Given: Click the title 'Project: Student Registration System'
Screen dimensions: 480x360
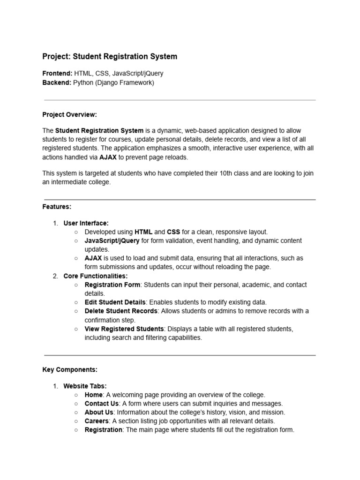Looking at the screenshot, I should pos(110,57).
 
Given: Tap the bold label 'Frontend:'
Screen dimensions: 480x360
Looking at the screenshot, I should pos(57,74).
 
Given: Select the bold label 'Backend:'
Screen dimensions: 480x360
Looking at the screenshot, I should pos(57,82).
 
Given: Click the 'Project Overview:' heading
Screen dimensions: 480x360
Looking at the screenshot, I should pos(69,114).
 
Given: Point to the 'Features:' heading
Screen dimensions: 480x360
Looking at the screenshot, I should pos(57,206).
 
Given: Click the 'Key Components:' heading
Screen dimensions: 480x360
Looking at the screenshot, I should pos(70,369).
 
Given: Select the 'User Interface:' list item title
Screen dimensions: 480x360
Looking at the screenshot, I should pos(86,223).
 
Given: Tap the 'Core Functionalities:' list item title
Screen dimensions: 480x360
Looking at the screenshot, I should pos(95,276).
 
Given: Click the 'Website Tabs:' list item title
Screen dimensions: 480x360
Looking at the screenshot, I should pos(85,386).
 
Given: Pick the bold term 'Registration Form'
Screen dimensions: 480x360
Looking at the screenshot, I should pos(112,285).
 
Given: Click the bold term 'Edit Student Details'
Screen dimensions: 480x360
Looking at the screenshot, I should pos(115,302).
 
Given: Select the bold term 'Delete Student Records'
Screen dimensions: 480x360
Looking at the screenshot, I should pos(121,311).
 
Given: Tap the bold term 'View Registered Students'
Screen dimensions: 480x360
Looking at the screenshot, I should pos(124,329).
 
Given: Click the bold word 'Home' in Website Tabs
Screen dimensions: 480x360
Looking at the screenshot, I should pos(93,395).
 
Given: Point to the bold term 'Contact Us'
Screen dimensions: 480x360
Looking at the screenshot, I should pos(101,404).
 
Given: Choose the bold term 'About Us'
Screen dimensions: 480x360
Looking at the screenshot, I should pos(99,412).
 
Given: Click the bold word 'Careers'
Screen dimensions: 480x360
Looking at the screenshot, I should pos(97,421).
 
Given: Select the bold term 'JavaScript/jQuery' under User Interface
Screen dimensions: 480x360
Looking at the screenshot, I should pos(112,240).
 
